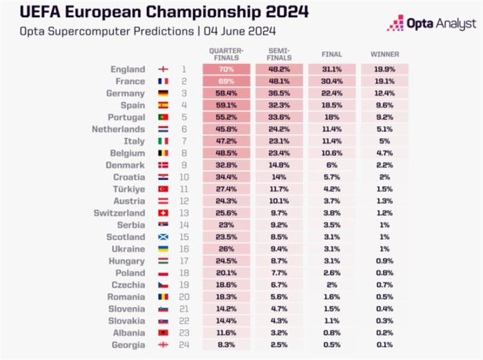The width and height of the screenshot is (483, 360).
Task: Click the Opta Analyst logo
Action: pos(431,23)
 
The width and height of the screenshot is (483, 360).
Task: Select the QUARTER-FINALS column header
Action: pos(226,54)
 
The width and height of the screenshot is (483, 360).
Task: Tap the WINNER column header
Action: pos(385,54)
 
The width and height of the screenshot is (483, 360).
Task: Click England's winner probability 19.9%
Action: pos(385,69)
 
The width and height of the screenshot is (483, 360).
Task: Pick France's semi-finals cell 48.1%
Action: pos(279,81)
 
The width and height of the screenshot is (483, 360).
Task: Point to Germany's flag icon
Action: pos(164,93)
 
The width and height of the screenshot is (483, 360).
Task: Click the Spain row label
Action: pos(132,106)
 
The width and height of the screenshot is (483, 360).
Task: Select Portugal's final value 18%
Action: pos(332,117)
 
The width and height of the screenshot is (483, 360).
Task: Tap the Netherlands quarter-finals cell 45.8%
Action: pos(226,130)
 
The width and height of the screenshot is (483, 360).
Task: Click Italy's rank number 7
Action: pos(184,141)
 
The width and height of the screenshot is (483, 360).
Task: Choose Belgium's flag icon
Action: pos(164,153)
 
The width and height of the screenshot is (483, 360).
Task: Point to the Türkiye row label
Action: pos(129,189)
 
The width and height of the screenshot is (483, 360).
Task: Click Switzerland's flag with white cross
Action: pos(164,213)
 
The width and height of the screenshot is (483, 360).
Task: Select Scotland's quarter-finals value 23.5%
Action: pos(226,237)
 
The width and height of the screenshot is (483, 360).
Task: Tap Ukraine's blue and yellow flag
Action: pos(164,249)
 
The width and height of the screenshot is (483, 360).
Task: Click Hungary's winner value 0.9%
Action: pos(385,261)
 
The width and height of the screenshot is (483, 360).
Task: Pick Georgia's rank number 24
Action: pos(184,345)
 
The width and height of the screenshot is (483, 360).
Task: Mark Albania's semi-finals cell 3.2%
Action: pos(279,333)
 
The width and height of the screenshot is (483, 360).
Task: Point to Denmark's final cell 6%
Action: pos(332,166)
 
